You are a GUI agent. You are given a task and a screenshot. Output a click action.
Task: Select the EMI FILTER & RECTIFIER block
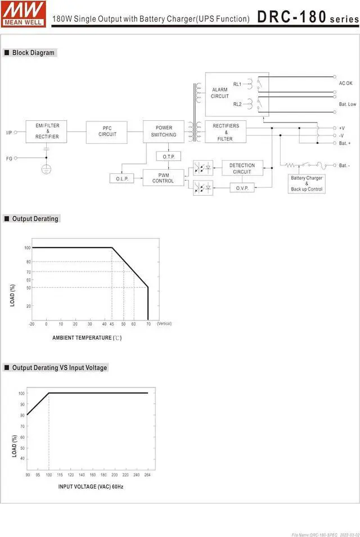(x=47, y=131)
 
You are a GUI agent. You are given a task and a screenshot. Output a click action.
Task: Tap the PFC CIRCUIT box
(x=107, y=131)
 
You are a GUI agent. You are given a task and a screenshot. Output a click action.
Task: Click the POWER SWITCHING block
(x=163, y=131)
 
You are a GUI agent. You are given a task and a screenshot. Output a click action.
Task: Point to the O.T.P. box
(x=168, y=156)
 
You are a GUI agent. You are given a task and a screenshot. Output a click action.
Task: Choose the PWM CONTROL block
(x=163, y=178)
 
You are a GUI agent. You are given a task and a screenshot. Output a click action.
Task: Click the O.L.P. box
(x=122, y=178)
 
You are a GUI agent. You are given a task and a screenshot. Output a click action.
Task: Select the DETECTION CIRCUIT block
(x=242, y=168)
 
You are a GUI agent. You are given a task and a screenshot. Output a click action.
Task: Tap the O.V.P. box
(x=242, y=187)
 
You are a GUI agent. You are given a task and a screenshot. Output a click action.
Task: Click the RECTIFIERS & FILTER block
(x=226, y=132)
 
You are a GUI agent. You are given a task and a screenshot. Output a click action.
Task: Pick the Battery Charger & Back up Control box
(x=307, y=184)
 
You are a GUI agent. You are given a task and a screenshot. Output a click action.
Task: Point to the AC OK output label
(x=345, y=83)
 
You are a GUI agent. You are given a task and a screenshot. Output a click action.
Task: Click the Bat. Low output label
(x=347, y=104)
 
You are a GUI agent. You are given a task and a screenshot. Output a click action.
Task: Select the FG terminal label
(x=9, y=159)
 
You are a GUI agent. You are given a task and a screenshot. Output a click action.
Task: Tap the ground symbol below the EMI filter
(x=47, y=169)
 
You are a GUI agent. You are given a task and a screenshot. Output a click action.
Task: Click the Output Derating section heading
(x=35, y=219)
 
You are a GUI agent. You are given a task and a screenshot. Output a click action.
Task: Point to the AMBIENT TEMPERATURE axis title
(x=87, y=338)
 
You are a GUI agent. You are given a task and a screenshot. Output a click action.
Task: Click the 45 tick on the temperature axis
(x=105, y=324)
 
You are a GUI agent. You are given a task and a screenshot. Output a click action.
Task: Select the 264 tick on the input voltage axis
(x=147, y=475)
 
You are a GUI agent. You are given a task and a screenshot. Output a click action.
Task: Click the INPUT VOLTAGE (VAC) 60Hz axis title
(x=91, y=486)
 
